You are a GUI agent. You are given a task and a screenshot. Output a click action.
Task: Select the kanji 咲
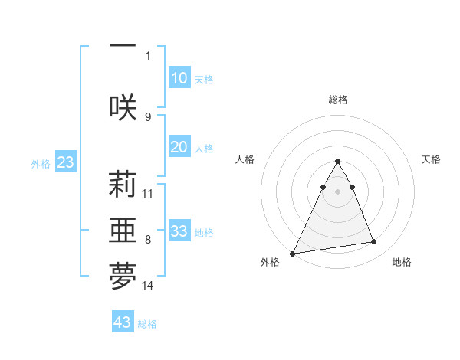(x=123, y=106)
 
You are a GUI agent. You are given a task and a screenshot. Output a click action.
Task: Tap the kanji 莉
(x=123, y=185)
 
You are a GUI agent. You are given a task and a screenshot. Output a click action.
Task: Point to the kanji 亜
(x=123, y=231)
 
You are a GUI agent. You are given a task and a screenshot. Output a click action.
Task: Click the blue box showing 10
(x=179, y=78)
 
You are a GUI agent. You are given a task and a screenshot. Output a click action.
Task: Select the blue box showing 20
(x=179, y=148)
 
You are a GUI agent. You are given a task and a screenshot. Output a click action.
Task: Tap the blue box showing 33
(x=179, y=231)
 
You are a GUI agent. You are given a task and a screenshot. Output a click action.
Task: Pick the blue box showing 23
(x=65, y=162)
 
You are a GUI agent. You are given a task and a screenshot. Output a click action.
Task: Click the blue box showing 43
(x=123, y=322)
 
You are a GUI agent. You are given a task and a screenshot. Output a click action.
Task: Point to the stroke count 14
(x=148, y=286)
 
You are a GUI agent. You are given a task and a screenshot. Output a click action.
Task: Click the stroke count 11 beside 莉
(x=148, y=193)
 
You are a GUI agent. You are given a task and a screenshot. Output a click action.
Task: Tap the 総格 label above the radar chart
(x=338, y=100)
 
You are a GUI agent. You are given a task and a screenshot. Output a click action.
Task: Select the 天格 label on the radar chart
(x=432, y=159)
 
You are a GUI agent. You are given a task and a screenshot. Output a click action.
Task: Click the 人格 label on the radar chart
(x=245, y=159)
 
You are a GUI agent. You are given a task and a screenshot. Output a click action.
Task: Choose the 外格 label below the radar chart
(x=271, y=262)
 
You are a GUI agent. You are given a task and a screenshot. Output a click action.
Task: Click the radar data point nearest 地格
(x=374, y=242)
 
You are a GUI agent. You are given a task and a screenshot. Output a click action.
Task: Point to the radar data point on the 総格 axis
(x=338, y=162)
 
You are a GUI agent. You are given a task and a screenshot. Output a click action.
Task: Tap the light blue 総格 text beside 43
(x=147, y=324)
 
